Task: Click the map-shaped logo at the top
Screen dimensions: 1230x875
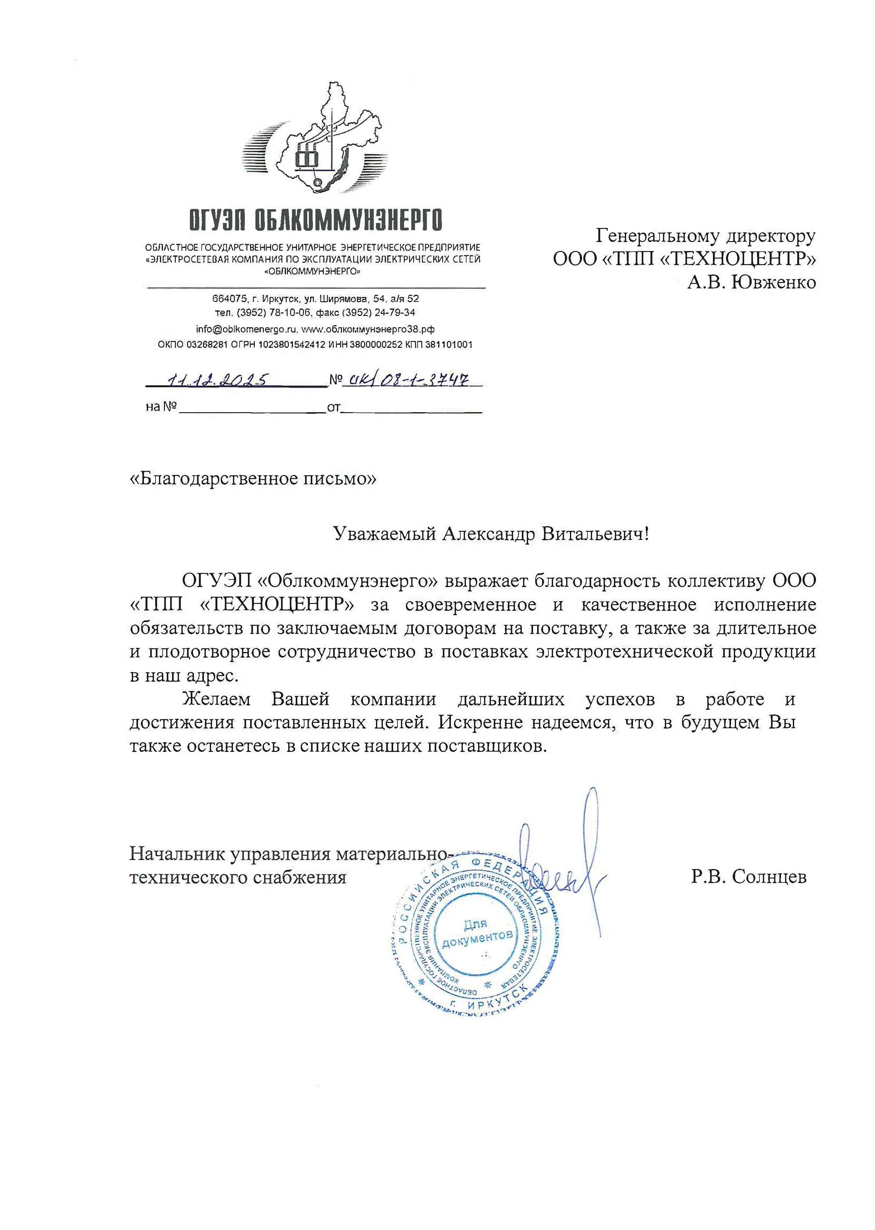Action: [x=315, y=143]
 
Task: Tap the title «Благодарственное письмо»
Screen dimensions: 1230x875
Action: [x=253, y=478]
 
